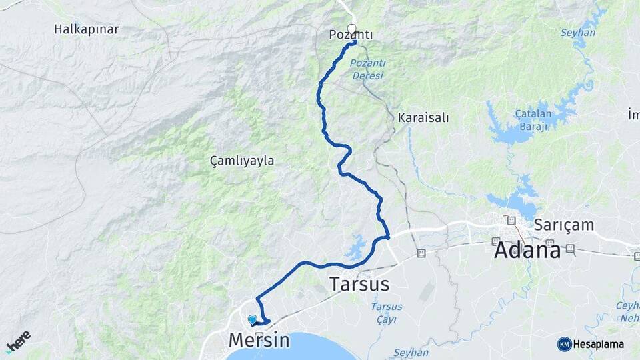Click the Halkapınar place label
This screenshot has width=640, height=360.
tap(87, 29)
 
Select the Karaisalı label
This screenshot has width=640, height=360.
tap(423, 117)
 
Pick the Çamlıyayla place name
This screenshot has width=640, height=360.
tap(242, 161)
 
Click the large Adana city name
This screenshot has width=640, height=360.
tap(527, 250)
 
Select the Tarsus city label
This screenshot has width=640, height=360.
tap(359, 284)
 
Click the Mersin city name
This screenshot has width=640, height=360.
tap(259, 340)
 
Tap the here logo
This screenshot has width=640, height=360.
tap(18, 341)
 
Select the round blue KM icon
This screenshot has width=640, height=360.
tap(564, 344)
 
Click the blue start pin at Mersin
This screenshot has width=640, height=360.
tap(252, 319)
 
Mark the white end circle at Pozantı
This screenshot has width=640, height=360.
tap(352, 29)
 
